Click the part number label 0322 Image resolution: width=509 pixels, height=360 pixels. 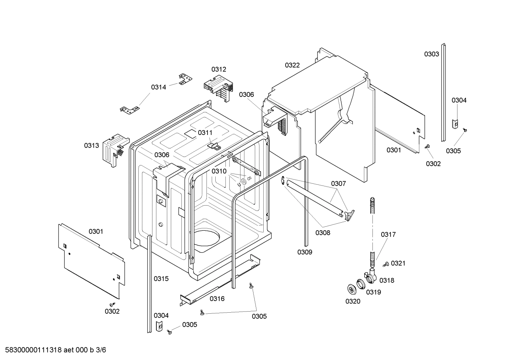coord(292,65)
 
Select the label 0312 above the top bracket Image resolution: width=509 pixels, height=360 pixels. coord(219,69)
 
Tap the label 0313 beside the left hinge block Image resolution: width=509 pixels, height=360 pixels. coord(91,145)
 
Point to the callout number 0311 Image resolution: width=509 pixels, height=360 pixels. coord(205,132)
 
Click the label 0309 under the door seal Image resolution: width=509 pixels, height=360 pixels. coord(305,252)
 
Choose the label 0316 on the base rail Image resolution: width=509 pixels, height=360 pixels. coord(217,299)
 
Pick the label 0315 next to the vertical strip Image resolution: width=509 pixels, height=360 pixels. coord(161,279)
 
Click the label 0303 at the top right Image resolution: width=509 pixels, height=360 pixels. coord(432,54)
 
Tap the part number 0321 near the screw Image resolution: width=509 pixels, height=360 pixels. coord(398,263)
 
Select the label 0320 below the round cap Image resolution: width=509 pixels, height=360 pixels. coord(353,301)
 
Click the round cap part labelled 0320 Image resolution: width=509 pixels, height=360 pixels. coord(352,289)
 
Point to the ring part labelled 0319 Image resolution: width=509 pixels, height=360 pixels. coord(361,284)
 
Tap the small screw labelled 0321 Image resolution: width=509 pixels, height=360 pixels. coord(385,264)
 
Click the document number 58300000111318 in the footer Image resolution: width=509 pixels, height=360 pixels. coord(32,350)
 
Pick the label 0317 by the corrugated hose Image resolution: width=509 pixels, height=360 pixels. coord(388,234)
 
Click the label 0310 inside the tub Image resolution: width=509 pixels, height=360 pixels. coord(219,171)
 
